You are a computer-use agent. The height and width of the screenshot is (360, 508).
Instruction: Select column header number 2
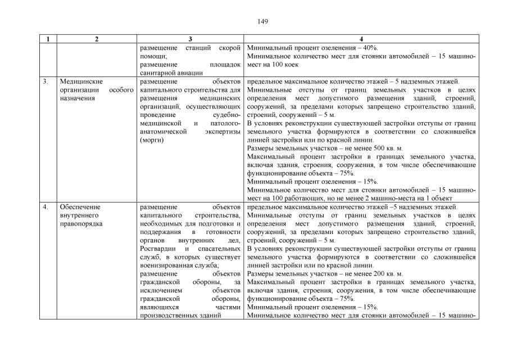click(x=97, y=39)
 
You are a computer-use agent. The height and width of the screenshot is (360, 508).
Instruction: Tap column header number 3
click(x=190, y=39)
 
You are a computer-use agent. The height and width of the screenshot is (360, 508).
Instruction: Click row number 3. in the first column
click(x=46, y=81)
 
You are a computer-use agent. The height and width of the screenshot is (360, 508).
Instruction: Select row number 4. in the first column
click(x=46, y=207)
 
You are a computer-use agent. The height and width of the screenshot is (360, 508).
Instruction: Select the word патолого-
click(x=225, y=123)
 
